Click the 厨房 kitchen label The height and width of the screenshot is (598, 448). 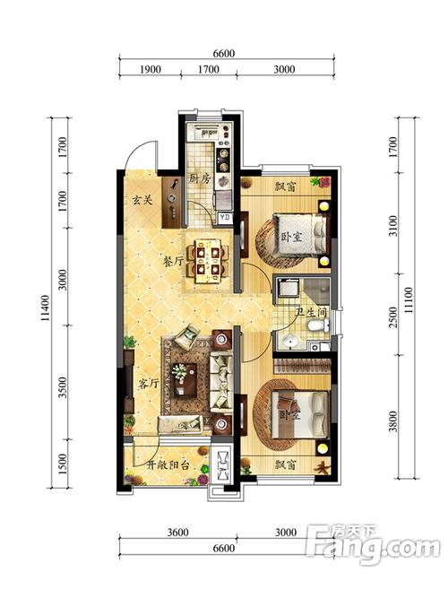coord(200,178)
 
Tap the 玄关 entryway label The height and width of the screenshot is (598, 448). coord(142,199)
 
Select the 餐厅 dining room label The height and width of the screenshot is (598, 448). coord(174,262)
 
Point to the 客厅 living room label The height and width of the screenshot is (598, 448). coord(149,383)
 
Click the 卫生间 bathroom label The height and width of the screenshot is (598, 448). coord(312,313)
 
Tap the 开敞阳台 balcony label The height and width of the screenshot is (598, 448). coord(168,465)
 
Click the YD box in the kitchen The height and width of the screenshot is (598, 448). coord(225,217)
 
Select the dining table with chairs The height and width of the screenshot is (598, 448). coord(208,261)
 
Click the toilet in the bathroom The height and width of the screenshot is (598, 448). coord(318,325)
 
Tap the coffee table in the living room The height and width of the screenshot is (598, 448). coord(185,380)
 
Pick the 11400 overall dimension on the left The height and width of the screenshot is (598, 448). coord(46,308)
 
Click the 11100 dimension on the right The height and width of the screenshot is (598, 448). coord(408,300)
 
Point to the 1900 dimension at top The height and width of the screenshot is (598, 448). coord(151,69)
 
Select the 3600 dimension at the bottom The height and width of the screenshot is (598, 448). coord(177,532)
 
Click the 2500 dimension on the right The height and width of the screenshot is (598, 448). coord(393,316)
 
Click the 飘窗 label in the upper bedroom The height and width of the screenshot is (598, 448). coord(286,186)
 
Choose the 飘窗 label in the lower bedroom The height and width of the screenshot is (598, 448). coord(286,464)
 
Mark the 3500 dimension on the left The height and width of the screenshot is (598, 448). coord(63,387)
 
